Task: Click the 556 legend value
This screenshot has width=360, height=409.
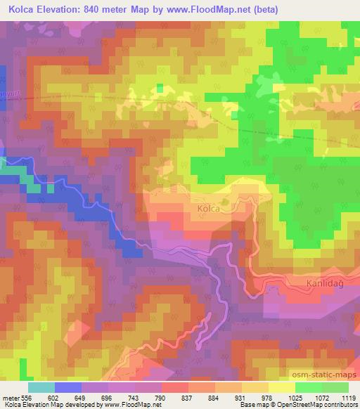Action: pyautogui.click(x=25, y=397)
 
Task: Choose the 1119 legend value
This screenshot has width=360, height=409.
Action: pyautogui.click(x=347, y=397)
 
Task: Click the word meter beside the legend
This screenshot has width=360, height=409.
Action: pyautogui.click(x=9, y=397)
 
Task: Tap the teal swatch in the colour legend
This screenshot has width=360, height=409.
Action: pyautogui.click(x=41, y=387)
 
